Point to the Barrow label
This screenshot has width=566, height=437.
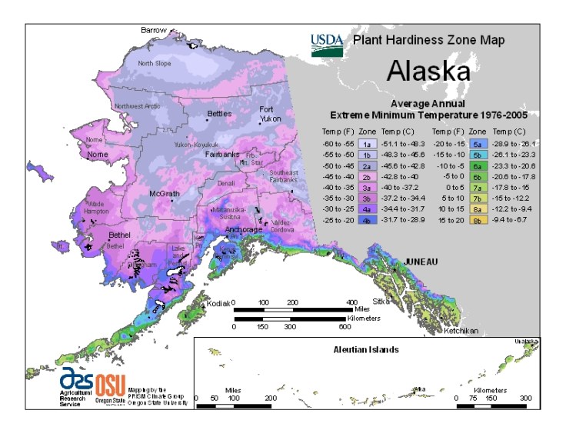[153, 30]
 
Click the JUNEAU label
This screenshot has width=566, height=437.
[421, 262]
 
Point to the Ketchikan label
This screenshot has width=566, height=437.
[461, 331]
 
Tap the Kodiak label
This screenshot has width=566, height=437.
[218, 304]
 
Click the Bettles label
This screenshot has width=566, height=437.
[219, 115]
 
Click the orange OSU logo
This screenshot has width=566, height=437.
[110, 383]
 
